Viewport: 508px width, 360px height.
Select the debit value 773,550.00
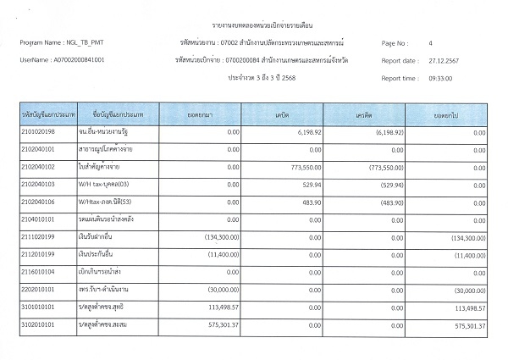[x=294, y=168]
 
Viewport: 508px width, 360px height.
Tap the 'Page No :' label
[x=397, y=42]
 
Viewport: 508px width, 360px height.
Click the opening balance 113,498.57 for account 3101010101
[x=222, y=308]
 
